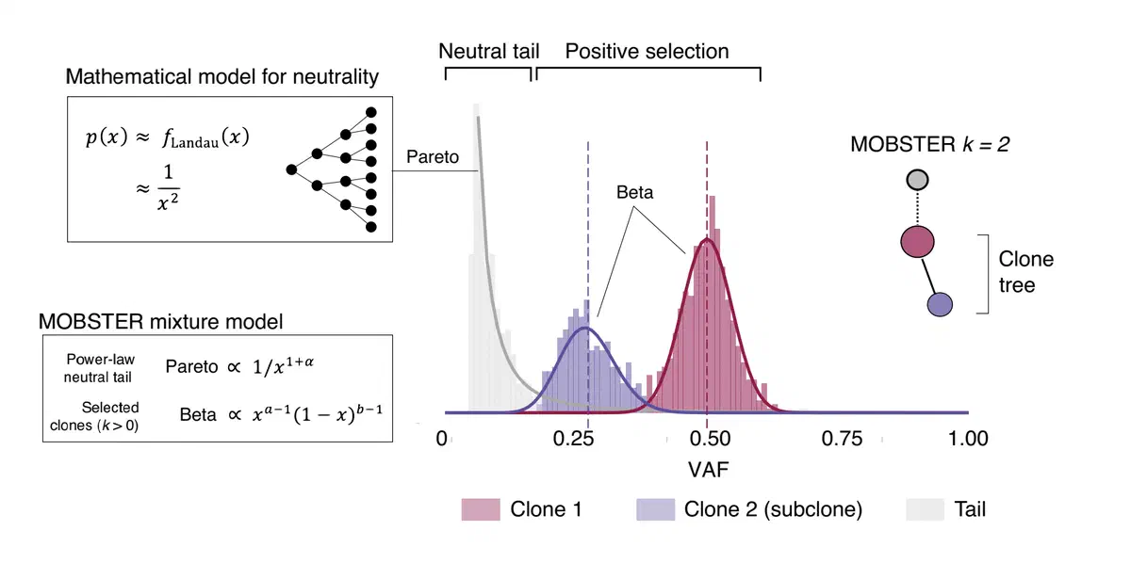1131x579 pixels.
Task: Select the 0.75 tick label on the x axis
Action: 843,439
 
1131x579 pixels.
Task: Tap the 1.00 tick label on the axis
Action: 967,439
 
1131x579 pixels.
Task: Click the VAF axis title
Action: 706,466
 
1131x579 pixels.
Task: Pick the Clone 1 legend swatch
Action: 480,509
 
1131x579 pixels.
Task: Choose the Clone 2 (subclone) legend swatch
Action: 655,509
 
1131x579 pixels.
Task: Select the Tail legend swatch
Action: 924,509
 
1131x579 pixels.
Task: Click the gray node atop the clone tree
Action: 917,179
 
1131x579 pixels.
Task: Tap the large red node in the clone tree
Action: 917,242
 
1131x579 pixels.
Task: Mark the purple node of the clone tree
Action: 940,303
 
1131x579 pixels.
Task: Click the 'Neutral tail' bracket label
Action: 489,51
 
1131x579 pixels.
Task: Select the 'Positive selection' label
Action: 647,51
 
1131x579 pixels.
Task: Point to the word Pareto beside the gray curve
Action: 432,157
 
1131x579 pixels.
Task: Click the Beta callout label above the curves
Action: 634,193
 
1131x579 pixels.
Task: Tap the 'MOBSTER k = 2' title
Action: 923,144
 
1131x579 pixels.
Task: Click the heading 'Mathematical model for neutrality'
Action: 222,76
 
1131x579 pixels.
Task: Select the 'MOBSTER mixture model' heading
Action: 160,320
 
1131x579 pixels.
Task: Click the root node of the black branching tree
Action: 291,169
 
